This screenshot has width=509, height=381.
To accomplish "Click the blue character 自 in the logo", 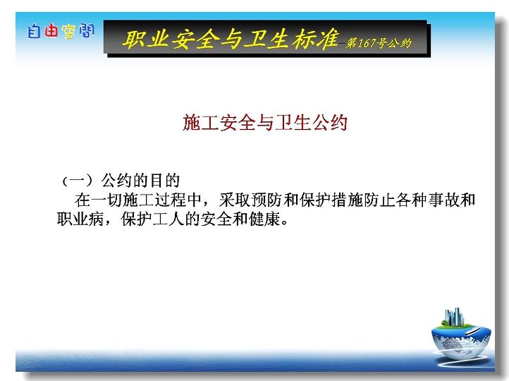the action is point(34,32).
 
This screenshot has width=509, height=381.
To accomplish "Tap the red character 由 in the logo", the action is point(51,31).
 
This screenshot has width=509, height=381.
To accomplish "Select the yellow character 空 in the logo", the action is point(68,32).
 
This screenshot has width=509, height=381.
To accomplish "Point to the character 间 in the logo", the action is point(86,30).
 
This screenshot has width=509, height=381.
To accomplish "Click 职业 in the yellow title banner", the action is point(145,40).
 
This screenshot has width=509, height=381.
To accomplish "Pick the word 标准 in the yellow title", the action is point(315,39).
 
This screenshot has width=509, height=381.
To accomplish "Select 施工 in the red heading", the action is point(200,123).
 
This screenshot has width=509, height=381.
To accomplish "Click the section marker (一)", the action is point(78,181).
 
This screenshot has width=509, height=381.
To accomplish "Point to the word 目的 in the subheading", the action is point(164,181).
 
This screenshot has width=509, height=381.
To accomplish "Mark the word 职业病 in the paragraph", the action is point(80,219).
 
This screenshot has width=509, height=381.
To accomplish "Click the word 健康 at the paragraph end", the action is point(264,219).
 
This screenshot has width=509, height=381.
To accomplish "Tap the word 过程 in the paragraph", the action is point(170,200).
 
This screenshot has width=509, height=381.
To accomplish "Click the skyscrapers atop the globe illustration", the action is point(454,317).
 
